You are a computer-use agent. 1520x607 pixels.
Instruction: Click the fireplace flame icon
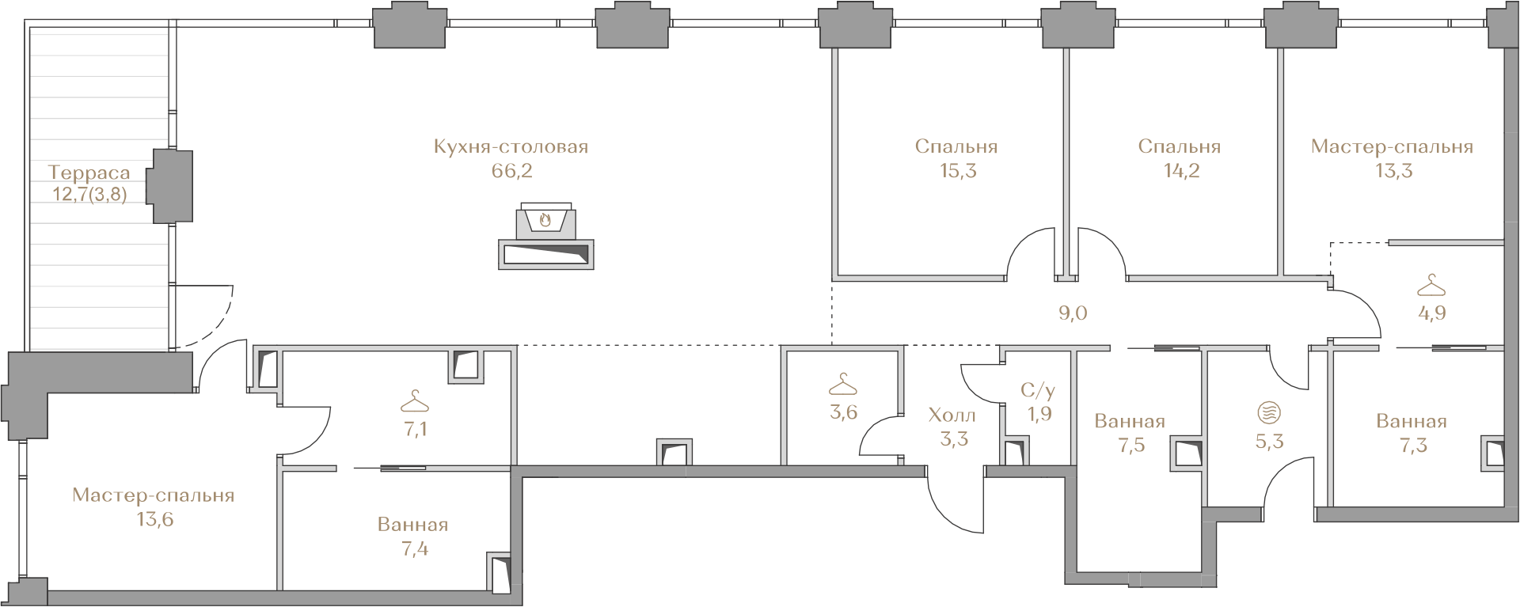tap(545, 220)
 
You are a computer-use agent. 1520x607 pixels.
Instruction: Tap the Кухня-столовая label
tap(511, 147)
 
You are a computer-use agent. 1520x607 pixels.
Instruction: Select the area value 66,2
tap(511, 171)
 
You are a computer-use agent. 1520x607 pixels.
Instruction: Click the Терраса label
tap(89, 173)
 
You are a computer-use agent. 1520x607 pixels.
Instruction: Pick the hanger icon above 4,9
tap(1431, 285)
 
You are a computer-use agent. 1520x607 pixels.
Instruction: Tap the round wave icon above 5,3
tap(1269, 412)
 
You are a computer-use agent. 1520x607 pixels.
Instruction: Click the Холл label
tap(952, 415)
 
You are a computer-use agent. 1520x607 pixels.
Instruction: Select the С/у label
tap(1038, 390)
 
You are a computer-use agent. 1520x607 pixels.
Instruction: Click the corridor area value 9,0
tap(1073, 313)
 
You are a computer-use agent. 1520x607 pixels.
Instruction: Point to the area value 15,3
tap(956, 171)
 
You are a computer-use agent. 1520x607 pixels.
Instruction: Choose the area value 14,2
tap(1180, 171)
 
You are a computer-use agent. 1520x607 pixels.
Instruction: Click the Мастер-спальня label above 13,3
tap(1392, 147)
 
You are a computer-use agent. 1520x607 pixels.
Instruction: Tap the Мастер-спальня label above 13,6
tap(154, 496)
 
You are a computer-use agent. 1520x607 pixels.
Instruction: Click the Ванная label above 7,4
tap(413, 525)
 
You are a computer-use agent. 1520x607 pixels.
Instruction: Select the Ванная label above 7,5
tap(1130, 422)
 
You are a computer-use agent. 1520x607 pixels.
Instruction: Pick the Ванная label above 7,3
tap(1412, 422)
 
